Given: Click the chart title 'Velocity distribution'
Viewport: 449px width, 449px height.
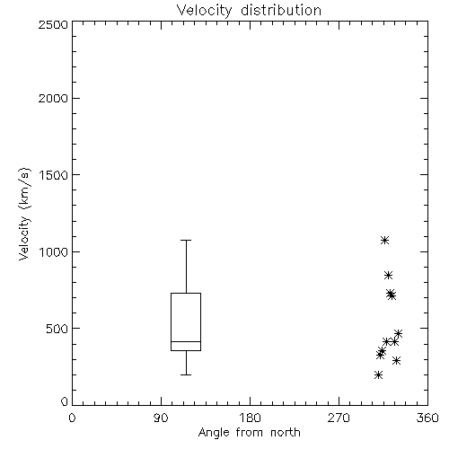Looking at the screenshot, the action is click(x=249, y=11).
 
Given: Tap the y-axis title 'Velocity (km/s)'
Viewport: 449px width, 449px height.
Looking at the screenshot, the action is click(x=24, y=214).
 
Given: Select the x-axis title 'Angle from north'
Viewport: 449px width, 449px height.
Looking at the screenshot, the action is click(x=249, y=433).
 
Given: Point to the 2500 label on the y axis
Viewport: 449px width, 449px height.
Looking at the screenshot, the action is click(x=53, y=24).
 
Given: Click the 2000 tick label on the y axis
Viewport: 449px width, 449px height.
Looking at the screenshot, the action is click(x=53, y=98).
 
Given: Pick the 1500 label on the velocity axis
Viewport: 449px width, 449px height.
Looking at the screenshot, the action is click(x=54, y=175).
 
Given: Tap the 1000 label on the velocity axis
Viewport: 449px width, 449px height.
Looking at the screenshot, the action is click(x=54, y=251).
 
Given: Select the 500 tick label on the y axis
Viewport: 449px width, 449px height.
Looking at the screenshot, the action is click(x=57, y=329).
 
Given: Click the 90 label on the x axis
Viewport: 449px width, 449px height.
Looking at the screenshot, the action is click(x=161, y=418).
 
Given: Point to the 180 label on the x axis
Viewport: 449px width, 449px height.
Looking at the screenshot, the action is click(x=250, y=418).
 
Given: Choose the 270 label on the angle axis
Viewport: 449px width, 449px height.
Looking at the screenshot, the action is click(x=339, y=418).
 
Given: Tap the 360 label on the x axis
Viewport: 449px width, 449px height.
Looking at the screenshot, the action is click(x=427, y=418).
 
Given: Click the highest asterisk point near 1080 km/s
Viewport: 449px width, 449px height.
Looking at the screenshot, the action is click(x=384, y=240).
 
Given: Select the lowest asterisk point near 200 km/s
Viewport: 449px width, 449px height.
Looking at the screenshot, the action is click(x=378, y=374).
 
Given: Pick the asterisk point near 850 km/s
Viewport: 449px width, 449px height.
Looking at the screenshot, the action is click(x=388, y=275).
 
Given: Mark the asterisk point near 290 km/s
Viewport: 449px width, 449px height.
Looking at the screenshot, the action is click(x=396, y=360).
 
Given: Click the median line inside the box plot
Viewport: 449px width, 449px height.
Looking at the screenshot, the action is click(x=186, y=341).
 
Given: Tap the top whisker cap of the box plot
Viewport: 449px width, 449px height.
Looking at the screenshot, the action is click(x=186, y=240).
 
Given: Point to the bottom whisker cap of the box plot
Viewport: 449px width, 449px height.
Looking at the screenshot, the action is click(x=186, y=374).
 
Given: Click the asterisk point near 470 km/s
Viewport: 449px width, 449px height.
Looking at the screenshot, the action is click(x=398, y=333).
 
